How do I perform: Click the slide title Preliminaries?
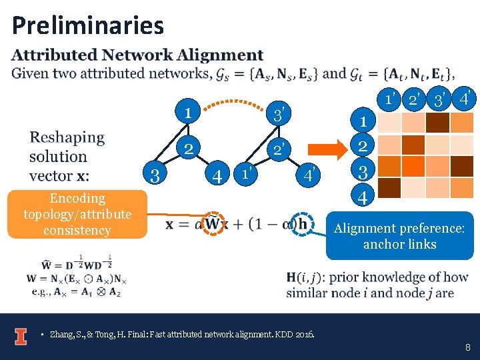[x=87, y=25]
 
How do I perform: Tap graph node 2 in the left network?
[x=189, y=148]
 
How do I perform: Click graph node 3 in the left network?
[x=155, y=176]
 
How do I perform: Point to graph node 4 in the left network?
[x=217, y=177]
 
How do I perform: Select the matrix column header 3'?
[x=439, y=101]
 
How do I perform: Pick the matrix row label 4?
[x=363, y=197]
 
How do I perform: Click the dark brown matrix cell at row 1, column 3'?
[x=437, y=123]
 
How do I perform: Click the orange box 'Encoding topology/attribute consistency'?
[x=77, y=214]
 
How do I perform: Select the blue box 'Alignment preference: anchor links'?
[x=399, y=236]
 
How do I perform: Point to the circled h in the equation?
[x=302, y=224]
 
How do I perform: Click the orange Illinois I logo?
[x=21, y=336]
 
